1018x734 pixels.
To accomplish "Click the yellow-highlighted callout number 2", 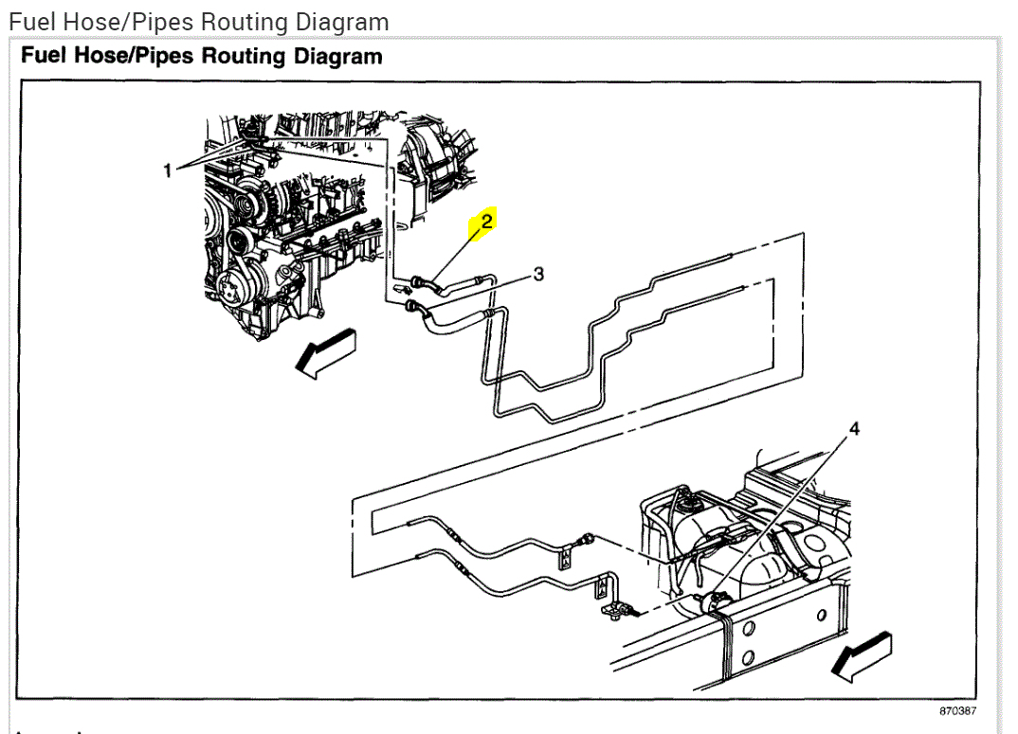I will point(486,222).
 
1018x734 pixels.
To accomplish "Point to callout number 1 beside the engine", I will point(168,170).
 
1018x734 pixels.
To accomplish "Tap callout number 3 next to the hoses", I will point(538,274).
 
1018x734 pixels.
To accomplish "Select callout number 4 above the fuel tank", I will point(853,429).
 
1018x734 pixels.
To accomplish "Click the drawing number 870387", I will point(957,711).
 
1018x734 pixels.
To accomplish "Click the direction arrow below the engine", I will point(325,352).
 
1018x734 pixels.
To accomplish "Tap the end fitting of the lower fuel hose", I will point(412,307).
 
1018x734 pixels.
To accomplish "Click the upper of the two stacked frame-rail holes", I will point(747,627).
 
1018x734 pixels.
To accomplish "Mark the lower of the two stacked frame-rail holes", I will point(747,658).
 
